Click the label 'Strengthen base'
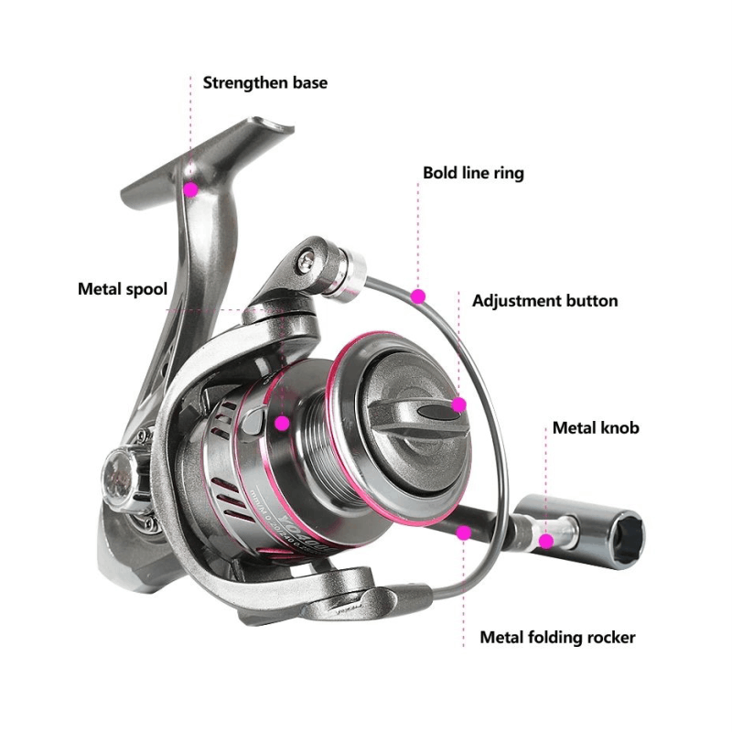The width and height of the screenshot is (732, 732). click(264, 83)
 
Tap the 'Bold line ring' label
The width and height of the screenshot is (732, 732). click(473, 172)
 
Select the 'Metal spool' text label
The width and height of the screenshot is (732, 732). click(122, 290)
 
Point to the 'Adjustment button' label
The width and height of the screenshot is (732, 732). click(544, 301)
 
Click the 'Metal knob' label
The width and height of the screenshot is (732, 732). click(596, 427)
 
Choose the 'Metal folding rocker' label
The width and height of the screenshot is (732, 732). click(557, 638)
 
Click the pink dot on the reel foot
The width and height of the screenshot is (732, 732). click(191, 189)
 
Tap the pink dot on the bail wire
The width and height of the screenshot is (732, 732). click(418, 296)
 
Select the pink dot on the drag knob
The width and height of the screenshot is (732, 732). click(459, 404)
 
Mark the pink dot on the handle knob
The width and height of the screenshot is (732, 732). click(546, 540)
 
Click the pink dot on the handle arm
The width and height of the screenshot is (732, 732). click(464, 532)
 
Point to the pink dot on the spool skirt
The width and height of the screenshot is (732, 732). click(282, 423)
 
